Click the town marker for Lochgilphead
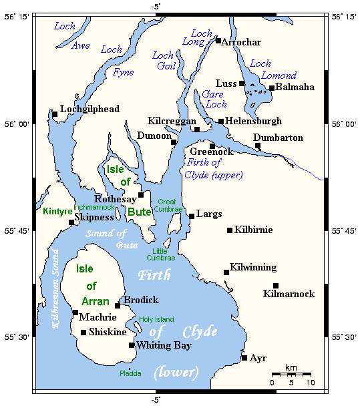[55, 114]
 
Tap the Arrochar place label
[241, 42]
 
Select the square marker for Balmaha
[272, 88]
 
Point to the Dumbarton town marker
[258, 146]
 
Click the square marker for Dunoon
[174, 142]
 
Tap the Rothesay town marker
[141, 195]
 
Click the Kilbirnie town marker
[230, 230]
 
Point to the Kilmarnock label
[289, 294]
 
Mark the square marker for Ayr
[244, 359]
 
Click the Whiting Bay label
[164, 346]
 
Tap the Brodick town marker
[118, 306]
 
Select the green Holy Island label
[156, 319]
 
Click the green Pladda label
[130, 374]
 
